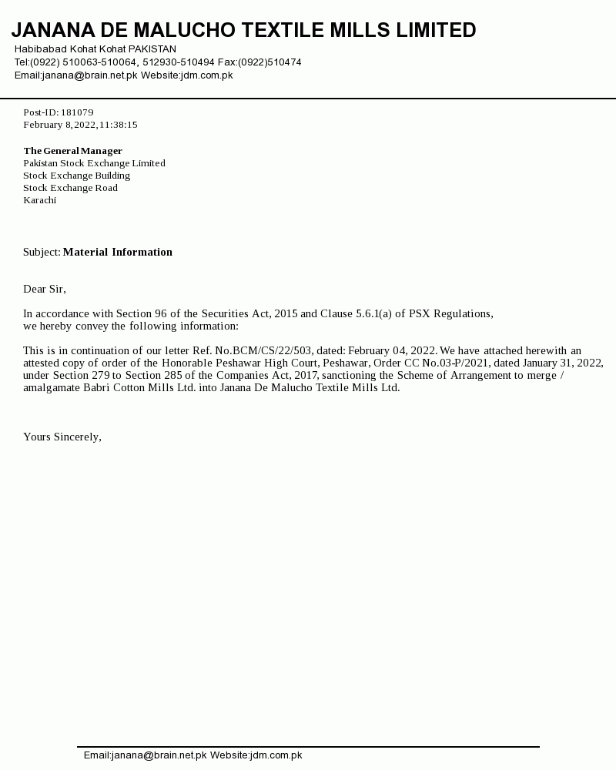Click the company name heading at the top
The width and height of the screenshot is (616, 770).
[243, 31]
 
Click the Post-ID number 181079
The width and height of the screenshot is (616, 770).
[77, 112]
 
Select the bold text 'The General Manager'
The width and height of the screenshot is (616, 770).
[72, 151]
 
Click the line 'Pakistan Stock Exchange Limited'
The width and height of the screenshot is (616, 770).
[94, 163]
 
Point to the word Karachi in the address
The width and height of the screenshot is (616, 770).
[39, 200]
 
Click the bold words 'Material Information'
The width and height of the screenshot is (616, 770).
[117, 252]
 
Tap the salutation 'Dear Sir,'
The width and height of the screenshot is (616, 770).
[45, 289]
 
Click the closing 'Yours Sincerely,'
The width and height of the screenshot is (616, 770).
[62, 437]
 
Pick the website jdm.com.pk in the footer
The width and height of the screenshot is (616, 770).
[275, 755]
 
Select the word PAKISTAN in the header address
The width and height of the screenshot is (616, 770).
[152, 49]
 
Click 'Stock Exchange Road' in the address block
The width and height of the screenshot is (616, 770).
[70, 188]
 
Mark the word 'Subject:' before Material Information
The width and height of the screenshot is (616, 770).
[42, 252]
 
